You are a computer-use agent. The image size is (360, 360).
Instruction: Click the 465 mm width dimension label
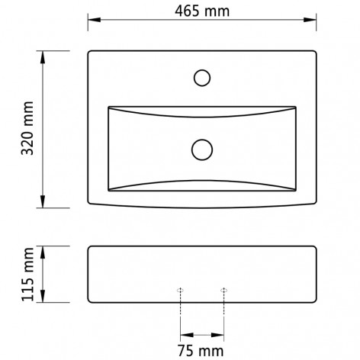202,11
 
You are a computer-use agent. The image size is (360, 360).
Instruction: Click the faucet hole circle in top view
202,77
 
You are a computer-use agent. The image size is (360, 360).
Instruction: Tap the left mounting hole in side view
181,291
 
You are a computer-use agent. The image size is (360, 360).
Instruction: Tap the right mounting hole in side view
223,291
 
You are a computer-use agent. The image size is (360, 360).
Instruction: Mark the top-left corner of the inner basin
108,106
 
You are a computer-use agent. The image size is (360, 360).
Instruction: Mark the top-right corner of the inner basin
296,106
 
